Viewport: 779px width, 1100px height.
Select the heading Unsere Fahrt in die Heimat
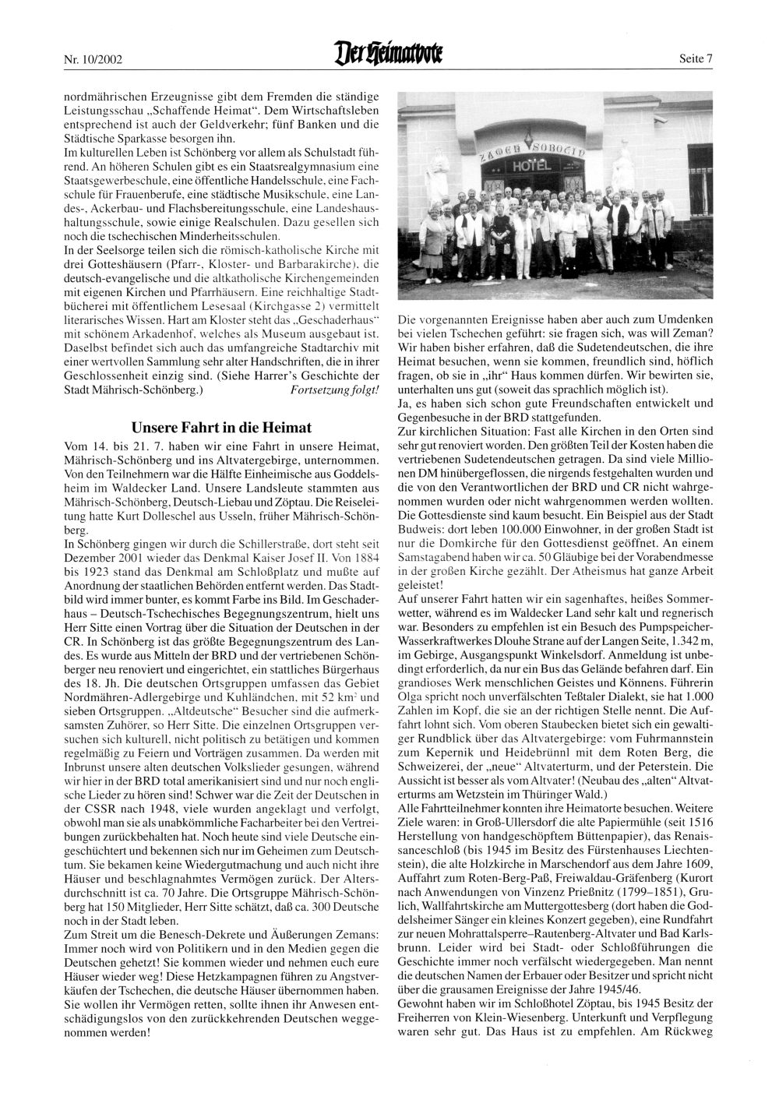221,428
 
